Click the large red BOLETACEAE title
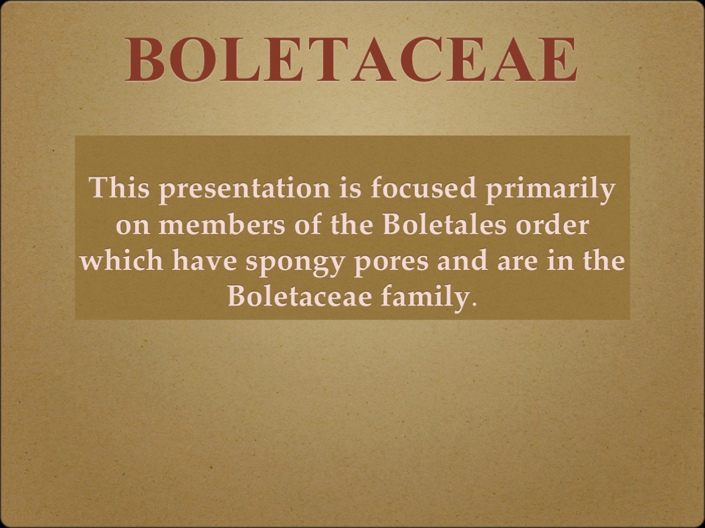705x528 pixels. [351, 60]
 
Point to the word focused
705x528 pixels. [414, 188]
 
